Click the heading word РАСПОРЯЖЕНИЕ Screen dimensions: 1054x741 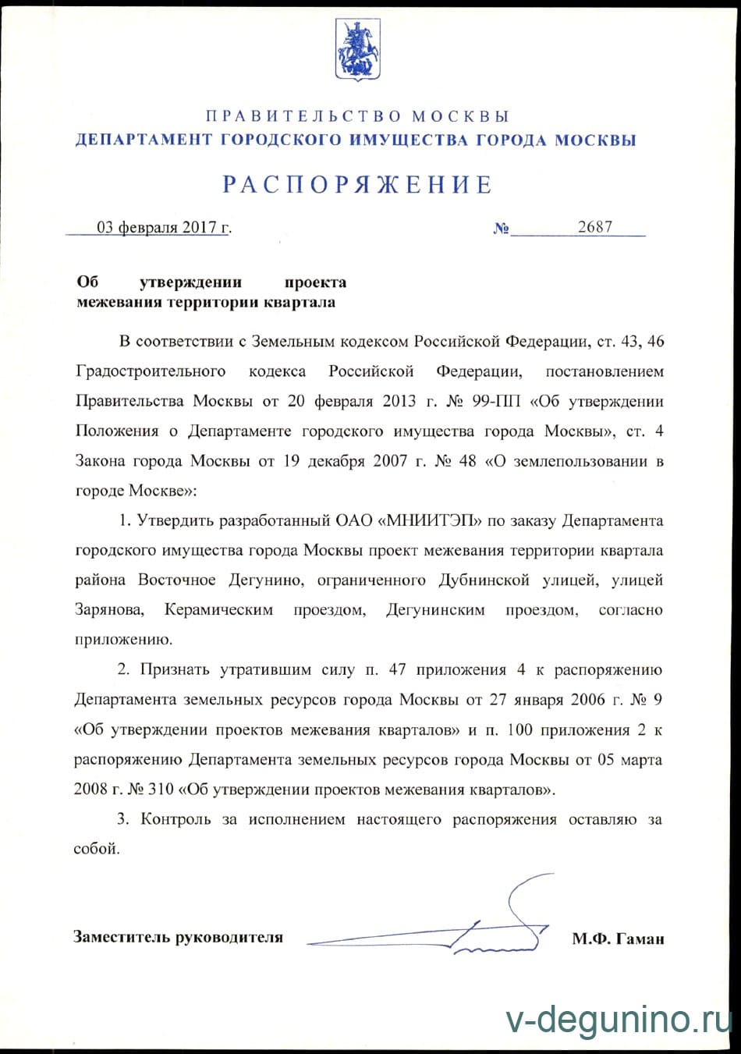[x=358, y=185]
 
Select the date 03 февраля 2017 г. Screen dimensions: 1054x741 [x=164, y=228]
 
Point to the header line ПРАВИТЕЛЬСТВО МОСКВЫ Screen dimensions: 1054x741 [x=358, y=117]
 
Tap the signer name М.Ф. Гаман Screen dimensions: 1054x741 [x=618, y=939]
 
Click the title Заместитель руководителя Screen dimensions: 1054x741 [x=178, y=937]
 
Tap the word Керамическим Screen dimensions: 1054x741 [x=218, y=609]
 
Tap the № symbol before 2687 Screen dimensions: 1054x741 [x=502, y=229]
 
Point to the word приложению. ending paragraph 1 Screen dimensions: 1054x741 [x=123, y=639]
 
